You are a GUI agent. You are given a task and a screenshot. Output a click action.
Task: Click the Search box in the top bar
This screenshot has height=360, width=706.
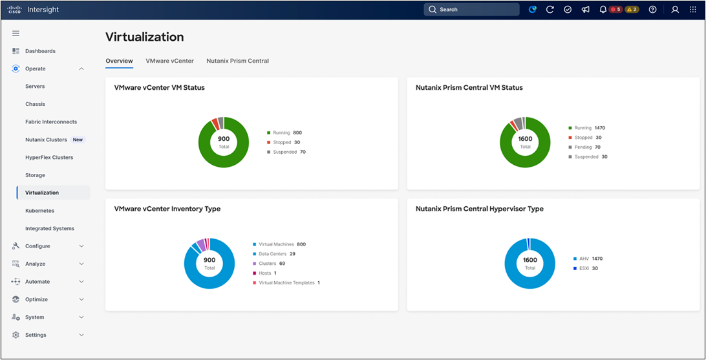[x=471, y=10]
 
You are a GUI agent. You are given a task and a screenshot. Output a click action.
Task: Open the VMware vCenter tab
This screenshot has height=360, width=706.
[x=170, y=61]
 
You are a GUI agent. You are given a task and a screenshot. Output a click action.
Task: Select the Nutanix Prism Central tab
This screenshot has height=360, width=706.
[x=237, y=61]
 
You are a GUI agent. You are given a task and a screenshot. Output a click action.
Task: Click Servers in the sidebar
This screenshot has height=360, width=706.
[x=35, y=87]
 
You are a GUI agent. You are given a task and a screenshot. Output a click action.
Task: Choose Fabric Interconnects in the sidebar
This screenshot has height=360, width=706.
[x=51, y=122]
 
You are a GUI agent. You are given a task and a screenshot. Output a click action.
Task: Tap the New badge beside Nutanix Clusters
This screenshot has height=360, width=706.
[x=78, y=140]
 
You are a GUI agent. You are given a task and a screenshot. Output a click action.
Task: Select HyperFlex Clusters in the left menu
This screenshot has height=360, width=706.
[x=49, y=158]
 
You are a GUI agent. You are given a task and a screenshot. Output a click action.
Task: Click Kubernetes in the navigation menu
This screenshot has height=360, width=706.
[x=39, y=211]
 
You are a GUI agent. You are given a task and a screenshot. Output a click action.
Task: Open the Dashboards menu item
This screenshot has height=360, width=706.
[x=41, y=51]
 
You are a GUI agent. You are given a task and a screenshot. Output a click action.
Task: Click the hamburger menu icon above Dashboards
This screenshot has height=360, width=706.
[x=16, y=34]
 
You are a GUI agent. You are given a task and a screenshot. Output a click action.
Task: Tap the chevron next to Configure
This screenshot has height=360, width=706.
[x=81, y=246]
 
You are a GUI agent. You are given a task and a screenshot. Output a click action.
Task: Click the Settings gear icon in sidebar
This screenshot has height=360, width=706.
[x=16, y=335]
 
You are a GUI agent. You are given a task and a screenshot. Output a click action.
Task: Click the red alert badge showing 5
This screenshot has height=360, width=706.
[x=615, y=10]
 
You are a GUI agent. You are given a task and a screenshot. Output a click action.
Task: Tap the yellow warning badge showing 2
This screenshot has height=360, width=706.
[x=632, y=10]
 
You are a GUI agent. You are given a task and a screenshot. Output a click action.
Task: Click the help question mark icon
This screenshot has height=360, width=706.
[x=652, y=10]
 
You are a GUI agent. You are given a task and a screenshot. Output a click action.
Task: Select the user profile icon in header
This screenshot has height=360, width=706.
[x=675, y=10]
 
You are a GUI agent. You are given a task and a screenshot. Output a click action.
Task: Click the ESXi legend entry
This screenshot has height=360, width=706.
[x=584, y=268]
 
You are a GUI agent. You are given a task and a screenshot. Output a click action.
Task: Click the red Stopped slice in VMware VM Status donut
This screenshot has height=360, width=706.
[x=215, y=123]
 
